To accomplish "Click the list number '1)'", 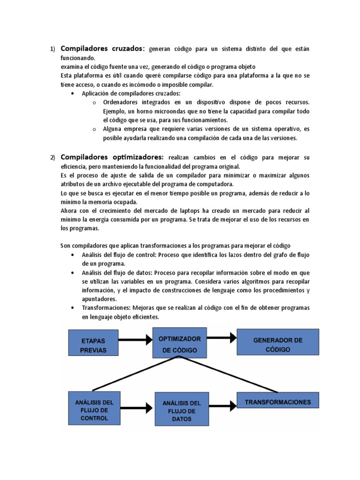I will click(52, 50).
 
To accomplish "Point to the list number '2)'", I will click(52, 157).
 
